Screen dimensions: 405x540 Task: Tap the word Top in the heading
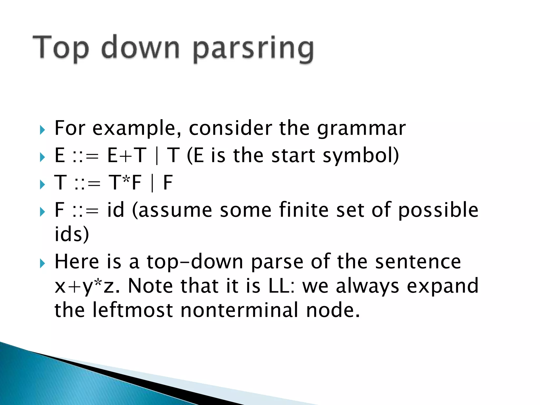(61, 47)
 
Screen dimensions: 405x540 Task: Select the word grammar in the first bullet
(361, 128)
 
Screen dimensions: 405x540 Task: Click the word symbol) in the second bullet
(361, 156)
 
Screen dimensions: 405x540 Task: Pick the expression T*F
(125, 182)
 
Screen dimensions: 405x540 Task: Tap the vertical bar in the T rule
(152, 183)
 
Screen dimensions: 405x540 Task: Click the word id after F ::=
(115, 210)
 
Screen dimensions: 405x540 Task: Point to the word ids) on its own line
(71, 234)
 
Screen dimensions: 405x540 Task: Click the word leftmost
(132, 310)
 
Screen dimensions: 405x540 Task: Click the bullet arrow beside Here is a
(42, 263)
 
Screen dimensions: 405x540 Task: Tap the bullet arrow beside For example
(42, 130)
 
